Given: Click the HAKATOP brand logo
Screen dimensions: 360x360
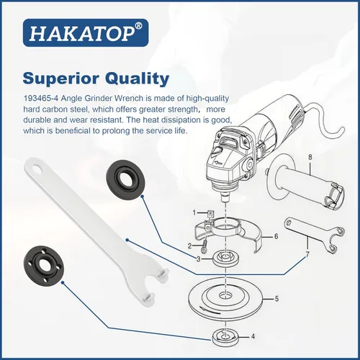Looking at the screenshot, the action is tap(86, 32).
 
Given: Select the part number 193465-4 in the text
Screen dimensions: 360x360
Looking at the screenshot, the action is tap(41, 99).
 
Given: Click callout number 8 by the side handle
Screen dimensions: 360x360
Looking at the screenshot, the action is tap(310, 157).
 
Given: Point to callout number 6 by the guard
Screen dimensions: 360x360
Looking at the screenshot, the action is tap(276, 236).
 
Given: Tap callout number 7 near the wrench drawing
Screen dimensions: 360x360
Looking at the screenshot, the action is tap(307, 255).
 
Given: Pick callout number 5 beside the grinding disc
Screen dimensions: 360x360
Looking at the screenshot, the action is tap(276, 299).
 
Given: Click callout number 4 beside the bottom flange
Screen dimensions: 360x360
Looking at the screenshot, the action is tap(253, 337).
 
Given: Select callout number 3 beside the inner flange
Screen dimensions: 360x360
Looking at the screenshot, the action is tap(198, 259).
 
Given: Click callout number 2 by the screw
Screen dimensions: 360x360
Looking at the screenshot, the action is tap(190, 246).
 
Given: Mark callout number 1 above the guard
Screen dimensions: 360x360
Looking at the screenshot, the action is tap(194, 212).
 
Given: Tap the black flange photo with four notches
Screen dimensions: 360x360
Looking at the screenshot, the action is tap(44, 265).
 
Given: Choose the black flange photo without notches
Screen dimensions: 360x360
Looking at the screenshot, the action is tap(125, 179).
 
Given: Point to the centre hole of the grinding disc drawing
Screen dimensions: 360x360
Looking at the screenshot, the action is tap(225, 295).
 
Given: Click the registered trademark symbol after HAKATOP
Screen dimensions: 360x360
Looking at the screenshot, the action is tap(139, 26).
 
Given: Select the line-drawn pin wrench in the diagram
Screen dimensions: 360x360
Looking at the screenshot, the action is tap(315, 235).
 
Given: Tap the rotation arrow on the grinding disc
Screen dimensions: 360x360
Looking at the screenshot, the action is tap(210, 311).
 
